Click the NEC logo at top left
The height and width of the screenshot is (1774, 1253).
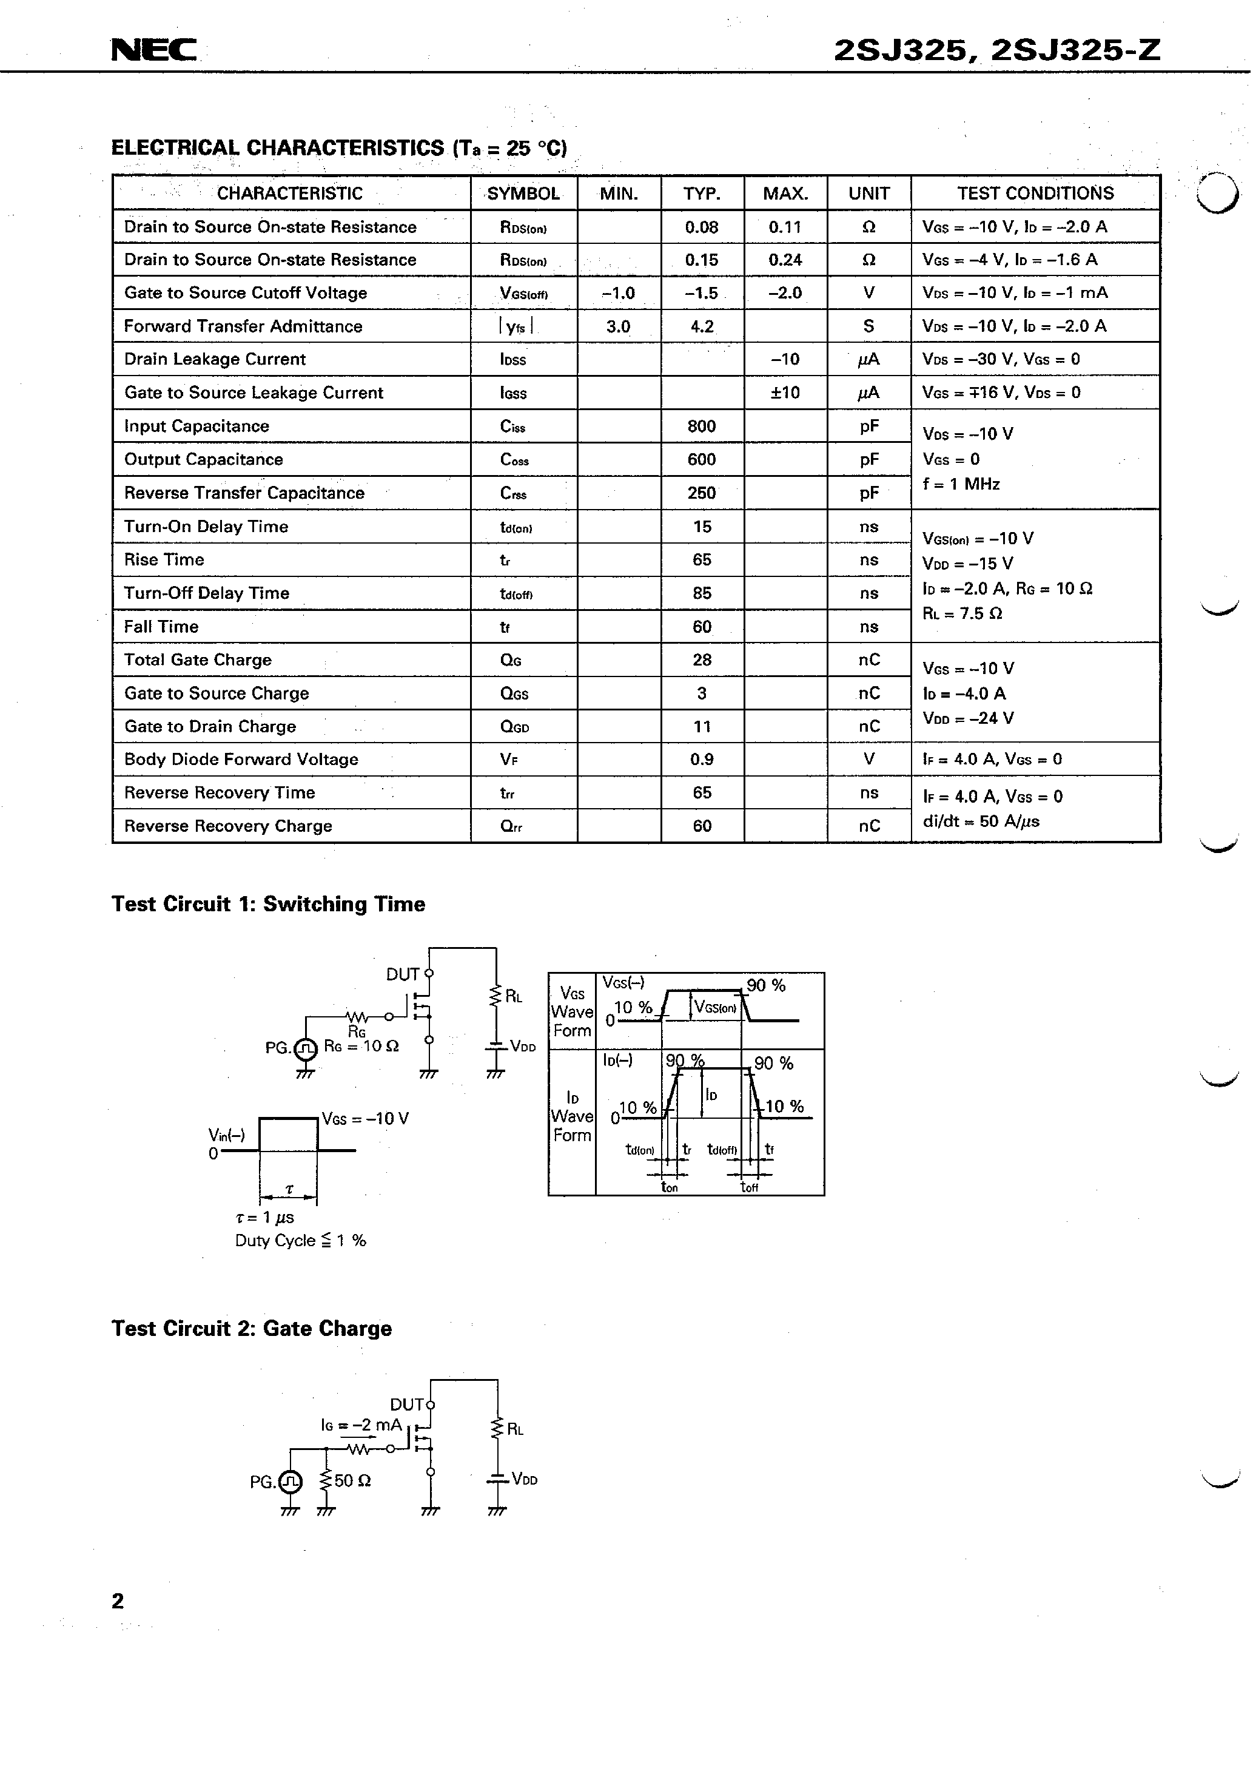click(153, 50)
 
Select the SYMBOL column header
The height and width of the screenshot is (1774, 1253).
click(523, 193)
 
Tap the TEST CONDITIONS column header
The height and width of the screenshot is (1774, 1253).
click(1035, 193)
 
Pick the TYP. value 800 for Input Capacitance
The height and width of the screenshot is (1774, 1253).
click(702, 427)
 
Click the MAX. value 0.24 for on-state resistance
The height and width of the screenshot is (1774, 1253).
click(785, 260)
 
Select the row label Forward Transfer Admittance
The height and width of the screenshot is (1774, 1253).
click(243, 326)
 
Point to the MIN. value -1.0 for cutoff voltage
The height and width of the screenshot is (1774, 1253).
click(618, 293)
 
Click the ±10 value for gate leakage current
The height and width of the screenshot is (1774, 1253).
click(785, 393)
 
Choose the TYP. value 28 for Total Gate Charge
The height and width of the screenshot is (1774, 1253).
click(702, 660)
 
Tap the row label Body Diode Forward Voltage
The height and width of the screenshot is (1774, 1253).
click(241, 760)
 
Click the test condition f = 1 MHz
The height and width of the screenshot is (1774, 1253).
click(961, 484)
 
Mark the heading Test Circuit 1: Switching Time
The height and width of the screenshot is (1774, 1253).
click(268, 904)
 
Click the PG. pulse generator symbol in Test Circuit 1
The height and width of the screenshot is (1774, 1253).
click(305, 1048)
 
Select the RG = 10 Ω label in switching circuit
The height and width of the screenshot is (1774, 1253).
click(361, 1046)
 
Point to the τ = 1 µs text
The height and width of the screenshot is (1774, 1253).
click(264, 1217)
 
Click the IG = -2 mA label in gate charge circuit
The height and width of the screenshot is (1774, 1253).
click(361, 1425)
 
